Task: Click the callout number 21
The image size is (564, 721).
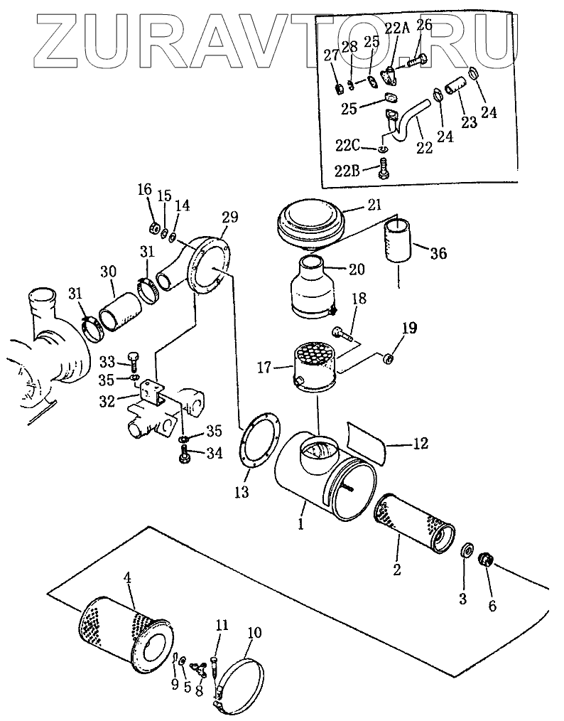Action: [x=374, y=204]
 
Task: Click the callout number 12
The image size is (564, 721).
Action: [x=421, y=443]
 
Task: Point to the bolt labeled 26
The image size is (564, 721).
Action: [x=416, y=61]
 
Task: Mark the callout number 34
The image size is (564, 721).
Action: [x=214, y=454]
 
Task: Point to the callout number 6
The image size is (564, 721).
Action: [x=492, y=606]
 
